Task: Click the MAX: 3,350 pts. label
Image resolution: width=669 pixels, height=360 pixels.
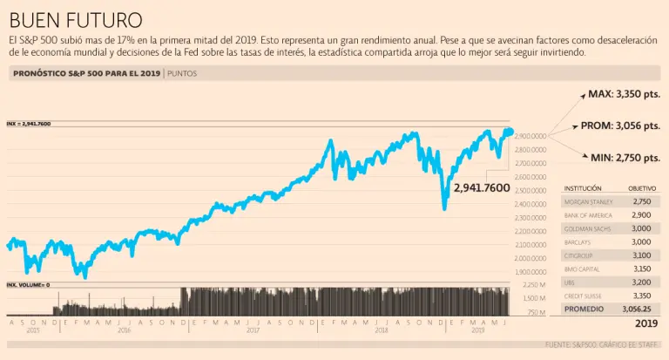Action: [625, 93]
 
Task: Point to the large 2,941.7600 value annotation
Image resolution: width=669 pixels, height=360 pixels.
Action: [481, 187]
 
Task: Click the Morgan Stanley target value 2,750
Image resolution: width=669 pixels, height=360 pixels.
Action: [642, 201]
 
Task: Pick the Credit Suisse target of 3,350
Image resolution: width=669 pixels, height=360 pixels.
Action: [642, 295]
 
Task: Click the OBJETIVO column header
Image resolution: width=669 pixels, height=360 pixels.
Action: [642, 188]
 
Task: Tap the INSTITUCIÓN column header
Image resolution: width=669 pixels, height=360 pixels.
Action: [583, 188]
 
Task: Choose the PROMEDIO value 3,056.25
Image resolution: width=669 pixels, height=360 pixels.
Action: [637, 309]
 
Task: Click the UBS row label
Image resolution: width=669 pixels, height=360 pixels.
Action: [571, 282]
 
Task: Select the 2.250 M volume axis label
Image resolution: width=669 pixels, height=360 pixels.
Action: [534, 285]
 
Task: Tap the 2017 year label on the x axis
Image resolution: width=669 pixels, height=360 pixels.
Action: [253, 330]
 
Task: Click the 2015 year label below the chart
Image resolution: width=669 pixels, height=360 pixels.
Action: [33, 330]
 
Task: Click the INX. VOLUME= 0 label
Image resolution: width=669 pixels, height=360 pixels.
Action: [28, 285]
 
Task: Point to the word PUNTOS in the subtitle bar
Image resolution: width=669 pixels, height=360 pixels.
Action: [183, 73]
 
